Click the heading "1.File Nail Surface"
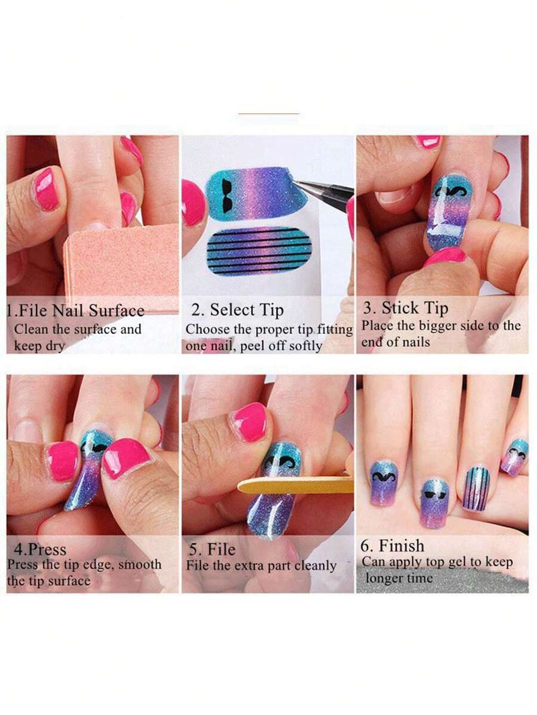coord(76,311)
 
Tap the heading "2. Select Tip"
coord(237,310)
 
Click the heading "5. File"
coord(211,549)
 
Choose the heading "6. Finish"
coord(393,546)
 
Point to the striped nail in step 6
coord(476,488)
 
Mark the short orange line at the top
coord(268,113)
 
